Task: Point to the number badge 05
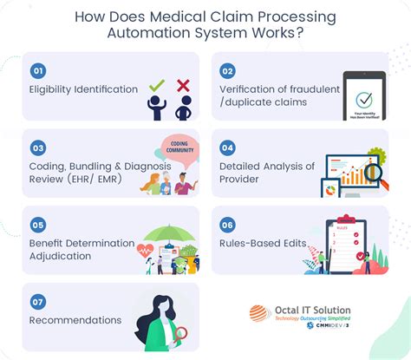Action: coord(38,223)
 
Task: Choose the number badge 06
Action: coord(226,223)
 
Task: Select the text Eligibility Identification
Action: coord(82,88)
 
